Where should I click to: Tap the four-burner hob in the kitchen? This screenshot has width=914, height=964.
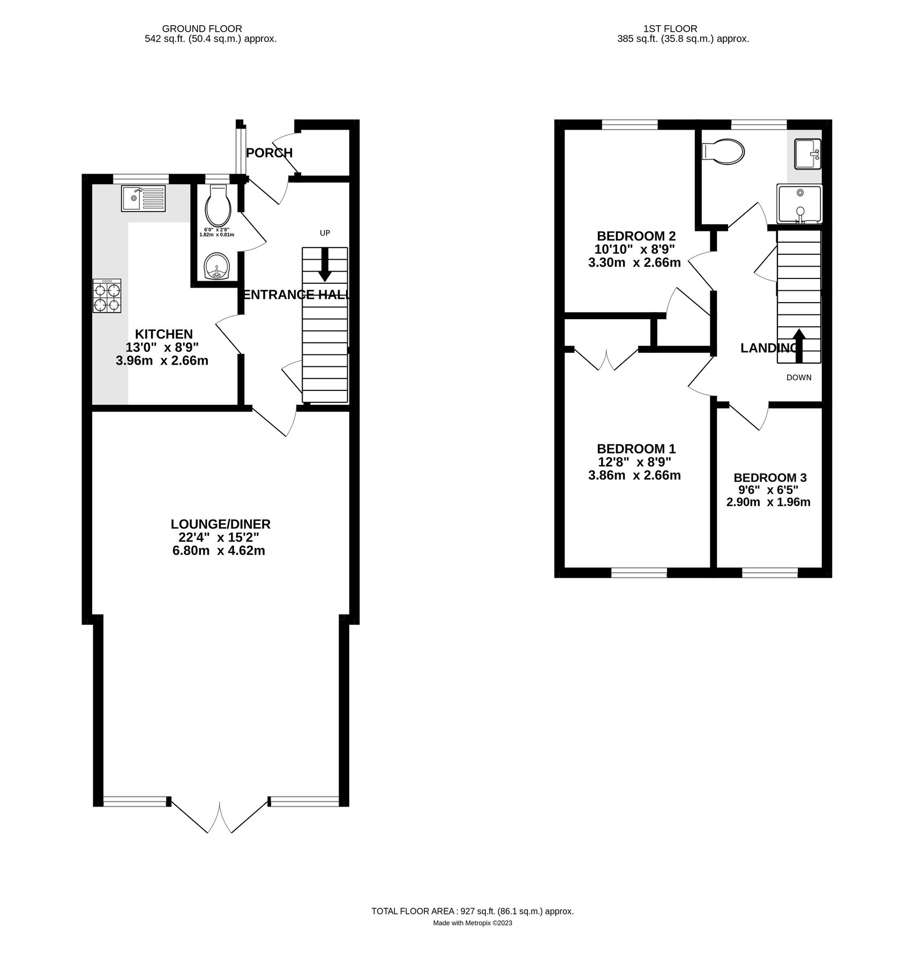pyautogui.click(x=107, y=296)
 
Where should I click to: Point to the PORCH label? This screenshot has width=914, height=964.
pyautogui.click(x=269, y=153)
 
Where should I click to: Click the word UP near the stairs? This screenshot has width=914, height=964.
pyautogui.click(x=325, y=233)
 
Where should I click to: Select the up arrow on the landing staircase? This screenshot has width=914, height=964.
pyautogui.click(x=798, y=341)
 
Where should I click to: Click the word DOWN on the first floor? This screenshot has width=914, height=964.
pyautogui.click(x=798, y=378)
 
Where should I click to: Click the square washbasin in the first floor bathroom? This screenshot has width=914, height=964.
pyautogui.click(x=807, y=154)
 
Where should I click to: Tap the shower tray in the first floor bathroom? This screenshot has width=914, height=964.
pyautogui.click(x=799, y=204)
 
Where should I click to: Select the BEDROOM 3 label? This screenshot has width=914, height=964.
pyautogui.click(x=769, y=478)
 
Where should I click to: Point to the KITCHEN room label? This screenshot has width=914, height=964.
pyautogui.click(x=163, y=334)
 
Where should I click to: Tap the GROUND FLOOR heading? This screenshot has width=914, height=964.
pyautogui.click(x=202, y=29)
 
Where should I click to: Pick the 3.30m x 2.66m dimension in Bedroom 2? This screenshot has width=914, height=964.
pyautogui.click(x=634, y=262)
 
